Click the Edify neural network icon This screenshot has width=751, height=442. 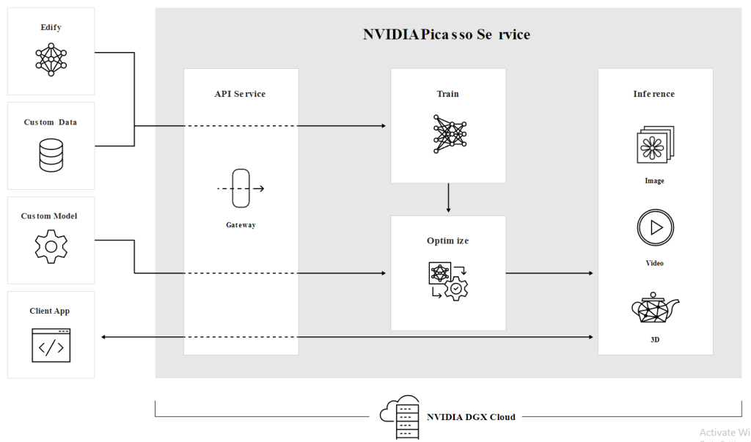click(51, 59)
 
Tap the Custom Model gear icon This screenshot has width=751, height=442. click(51, 246)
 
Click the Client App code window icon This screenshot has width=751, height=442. click(51, 345)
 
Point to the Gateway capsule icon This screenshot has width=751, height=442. click(241, 188)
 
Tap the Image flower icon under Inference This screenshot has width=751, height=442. click(655, 145)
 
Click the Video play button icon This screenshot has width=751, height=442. click(655, 228)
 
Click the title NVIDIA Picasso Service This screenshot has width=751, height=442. click(446, 34)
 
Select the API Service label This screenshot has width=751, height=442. click(240, 94)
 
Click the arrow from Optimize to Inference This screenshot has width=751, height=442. click(550, 273)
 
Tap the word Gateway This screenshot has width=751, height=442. click(241, 225)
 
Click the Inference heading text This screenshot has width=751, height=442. click(654, 94)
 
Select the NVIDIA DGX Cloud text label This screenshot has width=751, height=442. click(471, 417)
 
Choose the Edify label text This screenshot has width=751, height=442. click(51, 27)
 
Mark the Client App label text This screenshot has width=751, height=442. click(50, 311)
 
